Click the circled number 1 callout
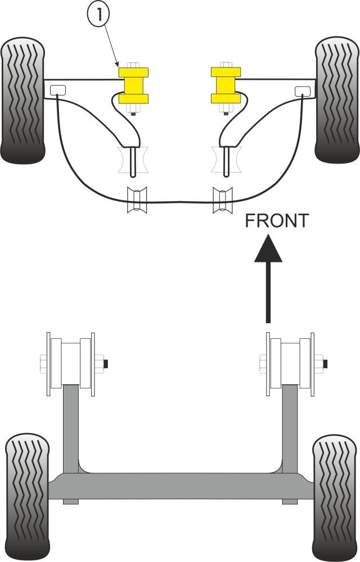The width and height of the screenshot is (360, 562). click(x=98, y=16)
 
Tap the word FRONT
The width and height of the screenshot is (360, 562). click(x=276, y=221)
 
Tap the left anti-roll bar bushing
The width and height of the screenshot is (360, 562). click(x=137, y=200)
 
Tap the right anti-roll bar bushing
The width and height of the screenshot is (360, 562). click(x=222, y=200)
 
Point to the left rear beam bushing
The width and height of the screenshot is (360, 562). click(x=71, y=362)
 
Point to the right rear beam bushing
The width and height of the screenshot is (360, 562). click(x=291, y=362)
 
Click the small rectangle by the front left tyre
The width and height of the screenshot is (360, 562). click(x=57, y=89)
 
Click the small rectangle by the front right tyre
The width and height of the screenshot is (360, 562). click(x=301, y=89)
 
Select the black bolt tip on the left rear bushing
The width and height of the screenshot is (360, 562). click(x=107, y=364)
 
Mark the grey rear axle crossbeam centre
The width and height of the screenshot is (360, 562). click(x=180, y=486)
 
